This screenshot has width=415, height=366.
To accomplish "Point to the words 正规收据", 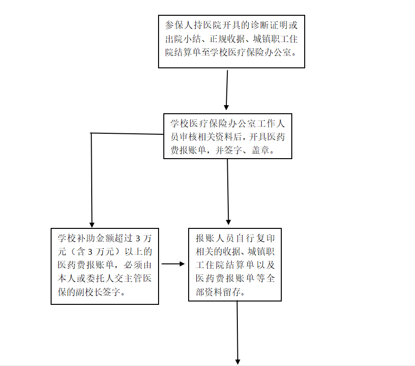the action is (x=227, y=39).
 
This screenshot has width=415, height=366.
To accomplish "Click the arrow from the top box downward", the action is (x=227, y=90).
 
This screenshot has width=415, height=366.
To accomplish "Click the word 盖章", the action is (x=260, y=151).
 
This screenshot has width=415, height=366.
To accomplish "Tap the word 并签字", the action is (x=229, y=151).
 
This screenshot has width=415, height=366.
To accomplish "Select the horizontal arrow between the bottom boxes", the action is (x=173, y=264).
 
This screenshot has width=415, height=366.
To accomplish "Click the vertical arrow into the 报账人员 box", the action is (x=228, y=192).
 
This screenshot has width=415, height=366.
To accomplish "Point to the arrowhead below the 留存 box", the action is (x=238, y=362).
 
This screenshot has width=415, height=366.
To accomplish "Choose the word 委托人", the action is (x=100, y=279).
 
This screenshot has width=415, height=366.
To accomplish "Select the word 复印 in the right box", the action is (x=266, y=238).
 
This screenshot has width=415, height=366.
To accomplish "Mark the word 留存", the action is (x=232, y=292).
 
